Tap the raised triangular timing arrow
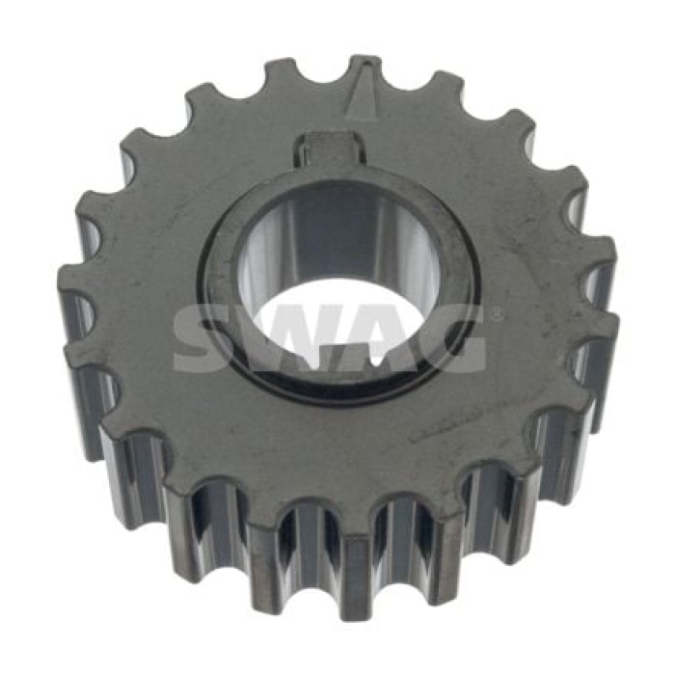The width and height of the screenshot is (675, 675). pyautogui.click(x=361, y=94)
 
